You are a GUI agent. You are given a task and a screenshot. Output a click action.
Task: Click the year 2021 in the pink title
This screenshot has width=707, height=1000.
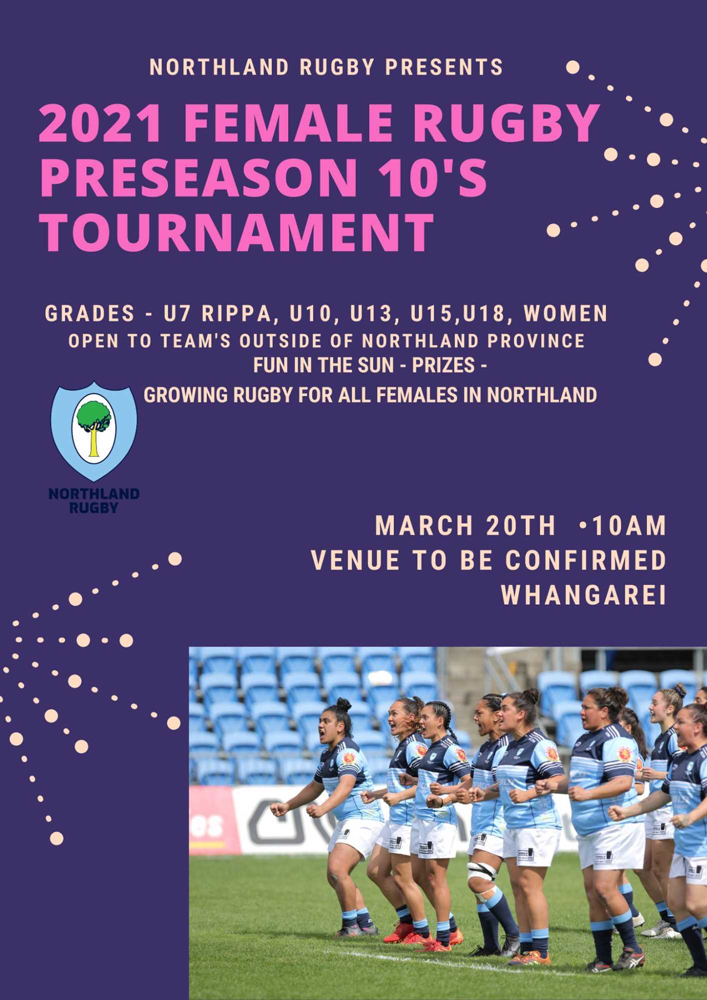(x=101, y=123)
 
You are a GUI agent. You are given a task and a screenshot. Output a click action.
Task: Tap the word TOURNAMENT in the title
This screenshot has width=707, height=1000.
(x=237, y=231)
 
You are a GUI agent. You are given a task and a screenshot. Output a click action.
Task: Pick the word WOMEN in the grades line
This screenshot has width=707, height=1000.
(x=565, y=313)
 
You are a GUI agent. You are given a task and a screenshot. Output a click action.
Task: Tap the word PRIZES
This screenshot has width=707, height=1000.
(x=443, y=365)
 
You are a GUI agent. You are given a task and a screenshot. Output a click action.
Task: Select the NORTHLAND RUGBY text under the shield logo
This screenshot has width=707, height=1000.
(x=94, y=500)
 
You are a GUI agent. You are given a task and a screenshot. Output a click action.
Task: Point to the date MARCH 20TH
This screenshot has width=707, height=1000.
(x=465, y=526)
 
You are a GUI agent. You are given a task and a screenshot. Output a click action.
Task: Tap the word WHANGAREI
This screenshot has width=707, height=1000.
(x=583, y=595)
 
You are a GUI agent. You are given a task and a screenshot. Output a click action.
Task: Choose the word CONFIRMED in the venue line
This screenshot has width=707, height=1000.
(x=585, y=560)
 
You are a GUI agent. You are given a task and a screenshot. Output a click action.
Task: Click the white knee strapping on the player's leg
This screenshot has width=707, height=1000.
(x=481, y=872)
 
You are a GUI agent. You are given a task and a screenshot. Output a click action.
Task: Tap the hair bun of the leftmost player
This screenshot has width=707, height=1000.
(x=343, y=704)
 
